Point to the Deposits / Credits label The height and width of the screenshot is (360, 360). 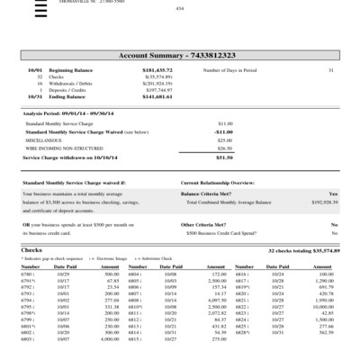[67, 90]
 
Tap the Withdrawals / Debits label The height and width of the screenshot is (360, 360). [70, 83]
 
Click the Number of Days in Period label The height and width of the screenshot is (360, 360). [231, 69]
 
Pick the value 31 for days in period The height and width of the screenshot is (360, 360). [330, 69]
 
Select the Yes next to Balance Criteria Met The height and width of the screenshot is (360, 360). [333, 193]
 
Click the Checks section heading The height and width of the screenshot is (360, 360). [31, 249]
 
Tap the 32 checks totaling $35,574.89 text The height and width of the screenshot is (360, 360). [304, 249]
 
